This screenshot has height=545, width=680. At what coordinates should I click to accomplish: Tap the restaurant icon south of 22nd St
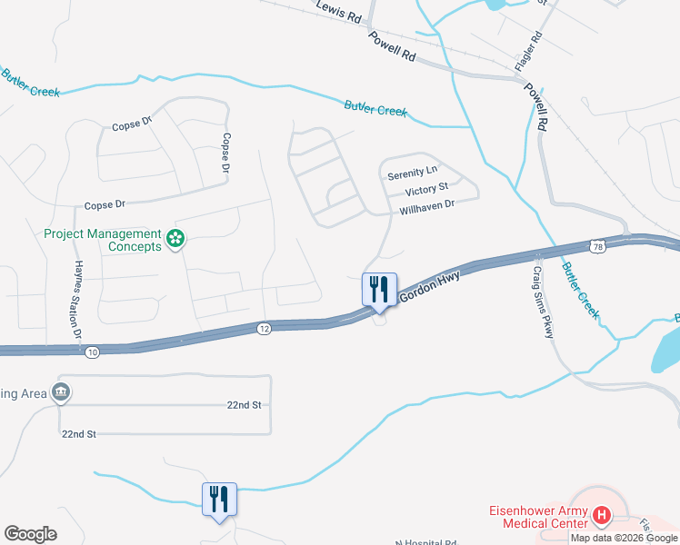[x=219, y=499]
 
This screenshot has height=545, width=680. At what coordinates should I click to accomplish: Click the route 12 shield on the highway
[x=264, y=327]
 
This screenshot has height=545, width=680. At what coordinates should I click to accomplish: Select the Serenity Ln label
[x=412, y=173]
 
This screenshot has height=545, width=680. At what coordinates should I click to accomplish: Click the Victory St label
[x=426, y=189]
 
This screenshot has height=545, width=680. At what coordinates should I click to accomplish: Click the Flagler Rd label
[x=528, y=52]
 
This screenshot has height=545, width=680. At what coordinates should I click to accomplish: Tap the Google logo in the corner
[x=30, y=534]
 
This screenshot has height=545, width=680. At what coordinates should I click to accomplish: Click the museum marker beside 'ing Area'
[x=61, y=392]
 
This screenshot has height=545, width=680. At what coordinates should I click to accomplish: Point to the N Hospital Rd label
[x=425, y=541]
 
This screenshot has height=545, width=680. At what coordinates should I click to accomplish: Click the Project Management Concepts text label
[x=103, y=240]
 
